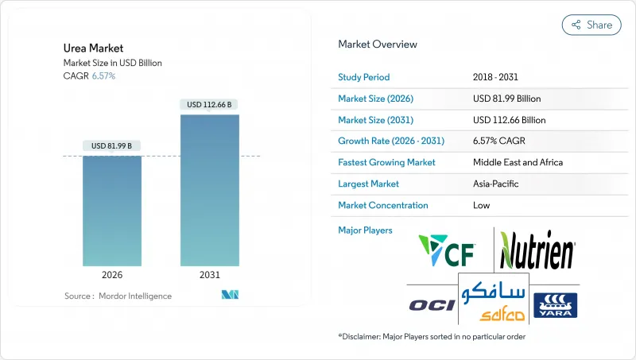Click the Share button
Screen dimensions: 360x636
click(x=591, y=25)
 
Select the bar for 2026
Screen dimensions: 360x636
click(x=112, y=211)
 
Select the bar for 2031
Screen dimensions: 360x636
click(x=210, y=191)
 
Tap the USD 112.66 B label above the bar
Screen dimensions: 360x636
click(x=210, y=104)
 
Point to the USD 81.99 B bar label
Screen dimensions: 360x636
click(x=112, y=145)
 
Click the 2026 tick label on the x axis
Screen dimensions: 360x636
click(x=112, y=275)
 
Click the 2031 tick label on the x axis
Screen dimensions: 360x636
click(x=210, y=275)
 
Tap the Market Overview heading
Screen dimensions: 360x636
click(x=378, y=45)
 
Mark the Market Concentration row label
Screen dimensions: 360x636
click(x=383, y=205)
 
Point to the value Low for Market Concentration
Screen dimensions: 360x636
click(x=482, y=205)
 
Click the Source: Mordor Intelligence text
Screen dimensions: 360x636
click(x=118, y=296)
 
